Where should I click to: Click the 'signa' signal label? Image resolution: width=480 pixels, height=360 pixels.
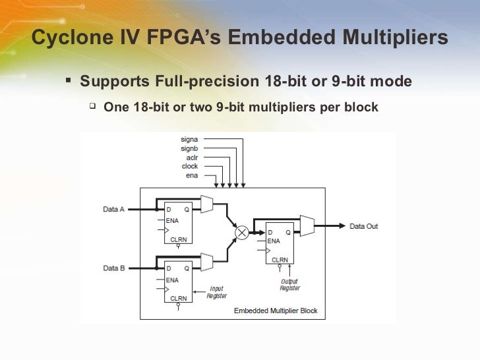click(189, 139)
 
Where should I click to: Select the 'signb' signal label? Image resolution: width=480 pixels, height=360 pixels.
click(189, 148)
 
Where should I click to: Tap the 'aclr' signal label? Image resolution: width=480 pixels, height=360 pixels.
click(191, 158)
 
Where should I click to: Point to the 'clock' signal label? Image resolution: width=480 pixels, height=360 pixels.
click(190, 166)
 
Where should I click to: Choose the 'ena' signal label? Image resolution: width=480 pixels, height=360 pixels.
click(192, 175)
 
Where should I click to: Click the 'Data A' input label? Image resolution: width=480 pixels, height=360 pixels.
click(114, 209)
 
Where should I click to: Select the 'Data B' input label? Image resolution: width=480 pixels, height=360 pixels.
click(114, 268)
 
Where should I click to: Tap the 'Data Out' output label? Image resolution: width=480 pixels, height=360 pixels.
click(363, 226)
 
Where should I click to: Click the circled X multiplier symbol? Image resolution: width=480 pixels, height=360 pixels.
click(243, 232)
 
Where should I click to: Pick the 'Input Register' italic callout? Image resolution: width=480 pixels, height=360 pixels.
click(216, 292)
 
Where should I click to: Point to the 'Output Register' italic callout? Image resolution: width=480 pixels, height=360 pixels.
click(289, 285)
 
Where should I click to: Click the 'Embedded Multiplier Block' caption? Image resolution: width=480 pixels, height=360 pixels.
click(276, 311)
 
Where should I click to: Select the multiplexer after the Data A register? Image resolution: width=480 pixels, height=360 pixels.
click(207, 204)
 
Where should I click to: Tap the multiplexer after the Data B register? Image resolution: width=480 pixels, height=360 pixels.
click(207, 262)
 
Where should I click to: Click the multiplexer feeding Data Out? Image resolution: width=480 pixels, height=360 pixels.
click(307, 226)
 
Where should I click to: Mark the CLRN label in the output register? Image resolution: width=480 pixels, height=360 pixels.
click(280, 259)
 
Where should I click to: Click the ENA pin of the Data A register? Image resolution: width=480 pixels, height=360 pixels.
click(171, 220)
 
